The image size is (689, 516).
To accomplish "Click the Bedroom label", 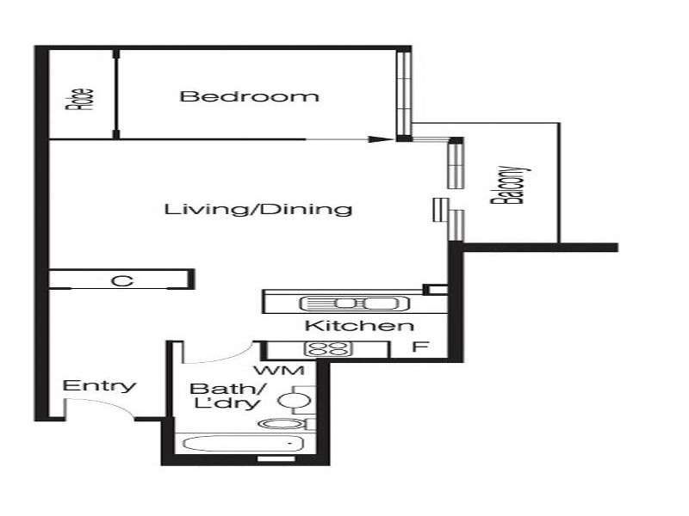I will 249,96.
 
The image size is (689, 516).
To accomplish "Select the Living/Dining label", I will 258,209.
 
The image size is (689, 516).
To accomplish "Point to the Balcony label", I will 508,185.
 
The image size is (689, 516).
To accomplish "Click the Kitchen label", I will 360,326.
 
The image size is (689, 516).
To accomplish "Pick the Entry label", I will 100,385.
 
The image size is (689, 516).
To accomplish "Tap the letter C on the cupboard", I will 122,279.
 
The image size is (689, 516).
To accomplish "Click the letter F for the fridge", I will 419,347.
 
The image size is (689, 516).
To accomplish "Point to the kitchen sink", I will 348,303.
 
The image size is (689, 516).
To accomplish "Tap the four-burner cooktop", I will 329,349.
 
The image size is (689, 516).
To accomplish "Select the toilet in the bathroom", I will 283,423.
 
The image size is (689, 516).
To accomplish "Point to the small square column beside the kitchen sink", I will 435,290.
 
